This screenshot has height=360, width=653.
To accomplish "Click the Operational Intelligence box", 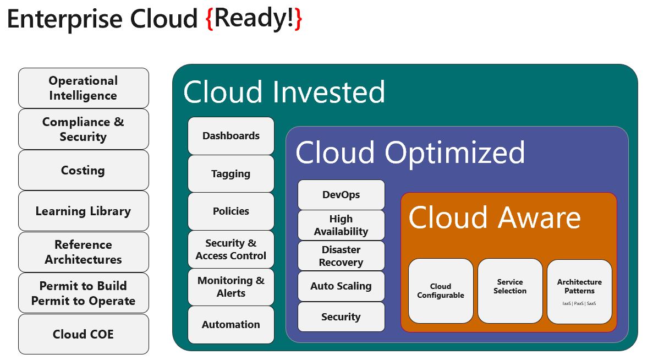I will (x=83, y=88).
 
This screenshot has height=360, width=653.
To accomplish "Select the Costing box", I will (x=83, y=170).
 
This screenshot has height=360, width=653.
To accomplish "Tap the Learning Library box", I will (x=83, y=211).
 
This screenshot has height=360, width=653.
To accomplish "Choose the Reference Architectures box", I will (x=83, y=252).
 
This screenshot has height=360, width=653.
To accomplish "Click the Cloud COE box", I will (x=83, y=334).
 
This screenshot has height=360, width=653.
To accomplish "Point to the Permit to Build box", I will (x=83, y=293).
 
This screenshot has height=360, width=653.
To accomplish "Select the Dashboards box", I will (x=231, y=136).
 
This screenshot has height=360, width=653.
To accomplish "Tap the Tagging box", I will (x=231, y=173).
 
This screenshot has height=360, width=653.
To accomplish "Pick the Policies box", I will (x=231, y=211).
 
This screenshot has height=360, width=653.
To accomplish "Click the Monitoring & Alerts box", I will (x=231, y=287).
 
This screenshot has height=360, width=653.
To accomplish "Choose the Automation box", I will (x=231, y=325).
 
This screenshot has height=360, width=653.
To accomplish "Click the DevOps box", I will (x=341, y=194).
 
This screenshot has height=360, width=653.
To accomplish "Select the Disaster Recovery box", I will (x=341, y=256).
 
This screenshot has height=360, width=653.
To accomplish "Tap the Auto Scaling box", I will (x=341, y=286).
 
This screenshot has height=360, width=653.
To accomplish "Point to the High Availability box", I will (x=341, y=225).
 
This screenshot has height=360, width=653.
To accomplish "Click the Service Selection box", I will (x=510, y=291).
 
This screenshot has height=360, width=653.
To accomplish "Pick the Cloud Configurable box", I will (x=441, y=291).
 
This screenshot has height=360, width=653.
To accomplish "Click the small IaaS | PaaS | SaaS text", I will (x=579, y=303).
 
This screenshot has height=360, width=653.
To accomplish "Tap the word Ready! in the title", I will (x=254, y=19).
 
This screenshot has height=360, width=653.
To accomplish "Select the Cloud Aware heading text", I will (x=494, y=217).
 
